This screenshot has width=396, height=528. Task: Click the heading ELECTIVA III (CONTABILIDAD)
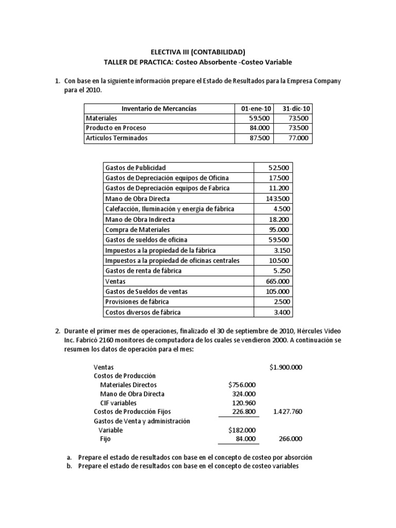[x=198, y=52]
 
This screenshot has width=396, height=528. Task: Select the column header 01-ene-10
[x=253, y=108]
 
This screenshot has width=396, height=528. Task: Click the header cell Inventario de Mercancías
[x=159, y=108]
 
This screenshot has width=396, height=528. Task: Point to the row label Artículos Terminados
[x=117, y=138]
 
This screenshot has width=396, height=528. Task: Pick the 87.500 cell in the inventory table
[x=259, y=138]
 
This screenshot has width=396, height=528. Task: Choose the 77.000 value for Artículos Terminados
[x=298, y=138]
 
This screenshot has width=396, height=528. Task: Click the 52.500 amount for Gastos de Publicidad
[x=279, y=168]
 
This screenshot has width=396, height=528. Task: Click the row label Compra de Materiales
[x=137, y=229]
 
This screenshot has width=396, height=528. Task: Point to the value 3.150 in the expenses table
[x=281, y=250]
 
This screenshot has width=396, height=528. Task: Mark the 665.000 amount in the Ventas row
[x=278, y=281]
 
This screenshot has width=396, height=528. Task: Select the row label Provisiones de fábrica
[x=137, y=302]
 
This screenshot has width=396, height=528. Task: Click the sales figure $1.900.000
[x=286, y=367]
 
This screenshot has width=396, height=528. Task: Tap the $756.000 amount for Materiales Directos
[x=241, y=385]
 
